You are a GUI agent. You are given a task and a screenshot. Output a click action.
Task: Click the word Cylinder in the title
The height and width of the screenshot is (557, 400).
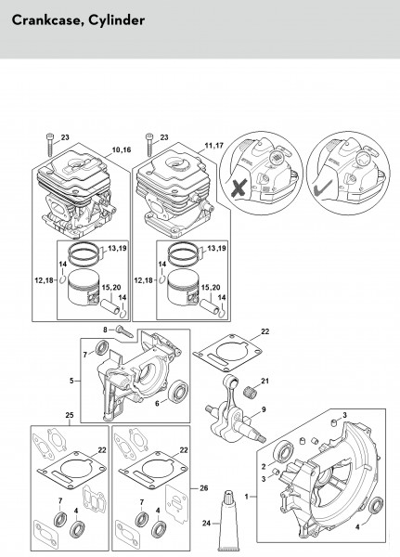click(x=117, y=20)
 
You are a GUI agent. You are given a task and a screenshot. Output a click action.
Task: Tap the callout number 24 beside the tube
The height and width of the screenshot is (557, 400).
click(x=207, y=523)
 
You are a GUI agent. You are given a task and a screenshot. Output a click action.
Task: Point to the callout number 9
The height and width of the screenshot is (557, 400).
click(x=264, y=409)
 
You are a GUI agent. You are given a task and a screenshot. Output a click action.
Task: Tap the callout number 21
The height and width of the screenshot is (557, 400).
click(x=265, y=381)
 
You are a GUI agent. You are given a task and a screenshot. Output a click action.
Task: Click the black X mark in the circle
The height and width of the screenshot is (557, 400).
click(x=239, y=188)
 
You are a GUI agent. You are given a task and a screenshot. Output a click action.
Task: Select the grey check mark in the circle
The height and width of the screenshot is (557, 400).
click(x=323, y=188)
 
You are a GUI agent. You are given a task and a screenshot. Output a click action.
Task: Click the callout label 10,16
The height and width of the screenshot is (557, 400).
click(x=122, y=149)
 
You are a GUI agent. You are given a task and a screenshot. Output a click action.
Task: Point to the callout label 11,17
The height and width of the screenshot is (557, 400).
click(x=213, y=146)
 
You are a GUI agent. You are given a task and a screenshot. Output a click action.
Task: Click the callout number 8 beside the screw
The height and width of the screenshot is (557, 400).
click(x=105, y=330)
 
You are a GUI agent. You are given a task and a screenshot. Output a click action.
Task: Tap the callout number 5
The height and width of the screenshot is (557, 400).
click(x=71, y=381)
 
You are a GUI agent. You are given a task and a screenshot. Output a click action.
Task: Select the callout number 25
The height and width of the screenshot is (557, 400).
click(x=70, y=415)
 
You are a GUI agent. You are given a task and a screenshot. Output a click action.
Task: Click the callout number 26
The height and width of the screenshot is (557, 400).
click(x=203, y=488)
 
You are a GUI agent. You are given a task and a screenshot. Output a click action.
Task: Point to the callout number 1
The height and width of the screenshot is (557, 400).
click(x=247, y=497)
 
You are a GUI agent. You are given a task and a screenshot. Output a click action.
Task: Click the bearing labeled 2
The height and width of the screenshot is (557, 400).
click(x=283, y=451)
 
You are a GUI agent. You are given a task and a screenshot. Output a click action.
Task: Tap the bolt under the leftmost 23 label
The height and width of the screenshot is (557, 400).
click(x=50, y=145)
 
